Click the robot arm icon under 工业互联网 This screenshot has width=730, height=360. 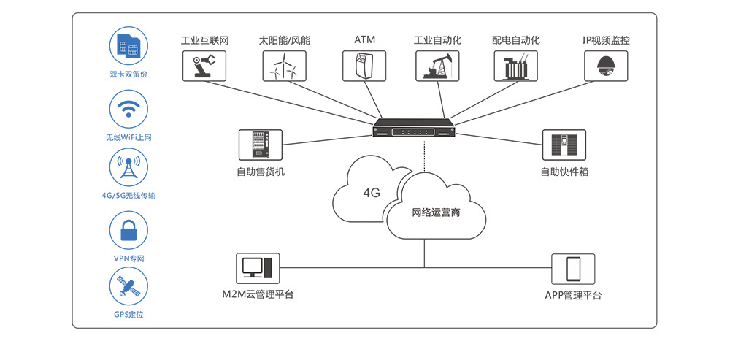coord(204,65)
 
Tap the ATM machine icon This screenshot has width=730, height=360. coord(364,65)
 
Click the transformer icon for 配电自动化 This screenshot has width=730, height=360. coord(515,65)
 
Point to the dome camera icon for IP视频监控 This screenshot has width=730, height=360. coord(606,65)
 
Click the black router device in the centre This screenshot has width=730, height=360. coord(414,130)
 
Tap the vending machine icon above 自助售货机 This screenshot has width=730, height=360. coord(260,145)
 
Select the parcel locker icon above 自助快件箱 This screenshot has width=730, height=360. coord(564,145)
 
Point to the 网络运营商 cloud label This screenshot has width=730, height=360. coord(436,213)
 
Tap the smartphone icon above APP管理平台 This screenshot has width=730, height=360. coord(573,269)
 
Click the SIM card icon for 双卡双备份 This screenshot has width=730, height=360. coord(128,45)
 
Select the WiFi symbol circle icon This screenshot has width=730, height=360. coord(128,109)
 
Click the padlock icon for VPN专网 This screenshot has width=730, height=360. coord(128,231)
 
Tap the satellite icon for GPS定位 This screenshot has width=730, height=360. coord(128,287)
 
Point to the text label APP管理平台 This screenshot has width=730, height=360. coord(573,296)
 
